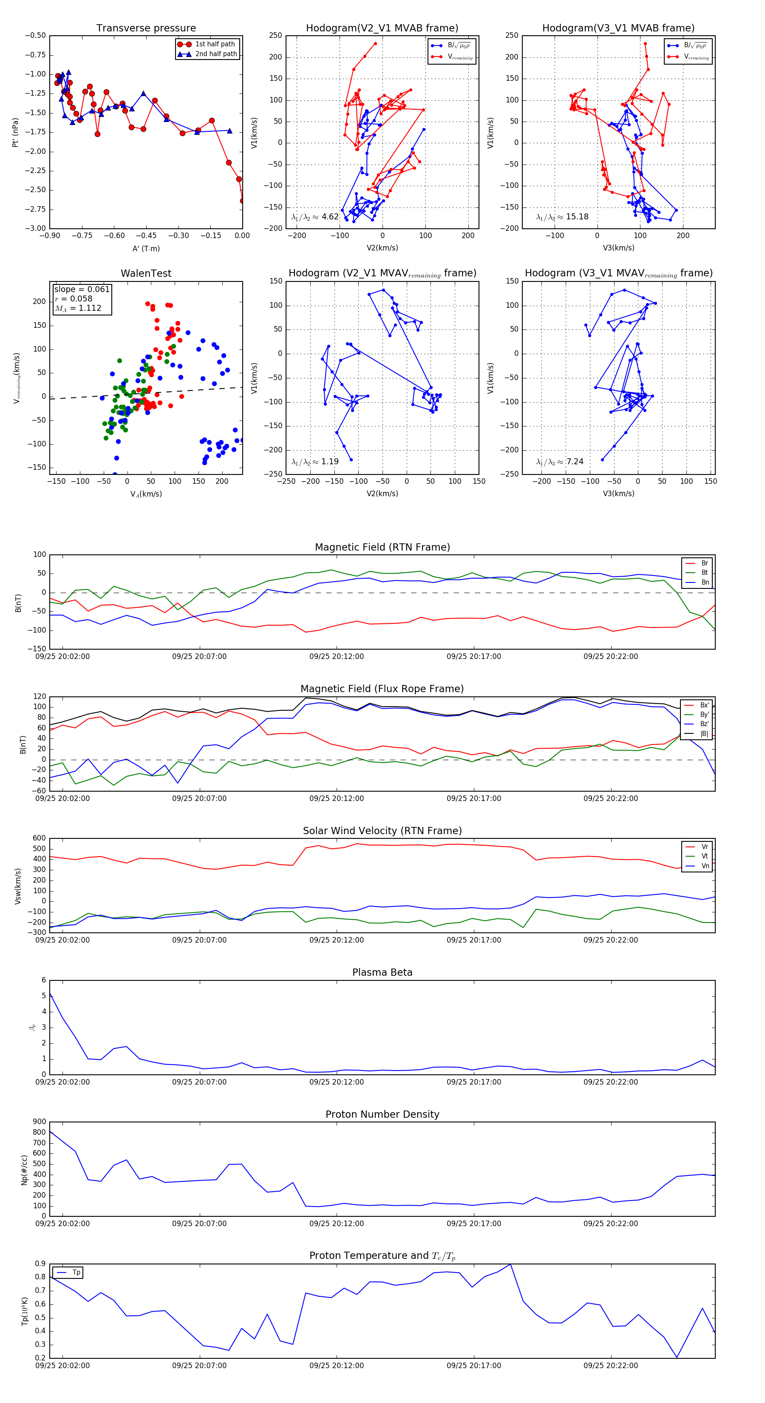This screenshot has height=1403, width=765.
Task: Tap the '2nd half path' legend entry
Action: pos(215,54)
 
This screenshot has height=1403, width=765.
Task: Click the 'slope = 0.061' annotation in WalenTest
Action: pos(82,289)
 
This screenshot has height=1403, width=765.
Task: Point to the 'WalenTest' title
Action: pos(146,273)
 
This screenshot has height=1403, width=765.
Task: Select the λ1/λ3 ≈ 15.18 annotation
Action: pos(562,217)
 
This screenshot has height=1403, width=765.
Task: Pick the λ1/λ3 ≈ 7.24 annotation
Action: pos(559,462)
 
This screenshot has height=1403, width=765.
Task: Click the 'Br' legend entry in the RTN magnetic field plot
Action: pos(704,563)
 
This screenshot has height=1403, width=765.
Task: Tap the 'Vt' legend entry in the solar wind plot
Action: pos(705,856)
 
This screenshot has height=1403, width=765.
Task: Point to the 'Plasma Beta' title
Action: pos(382,972)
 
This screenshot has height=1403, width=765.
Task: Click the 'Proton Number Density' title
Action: pos(382,1114)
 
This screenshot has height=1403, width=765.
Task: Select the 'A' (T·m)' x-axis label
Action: pos(146,249)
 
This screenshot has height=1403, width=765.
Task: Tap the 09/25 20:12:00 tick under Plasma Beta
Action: pos(337,1082)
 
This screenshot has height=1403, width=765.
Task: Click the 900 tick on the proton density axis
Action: pos(39,1122)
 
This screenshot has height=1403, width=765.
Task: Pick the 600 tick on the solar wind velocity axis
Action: pos(39,838)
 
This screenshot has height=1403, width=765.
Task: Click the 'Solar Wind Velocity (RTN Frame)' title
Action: pos(382,831)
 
